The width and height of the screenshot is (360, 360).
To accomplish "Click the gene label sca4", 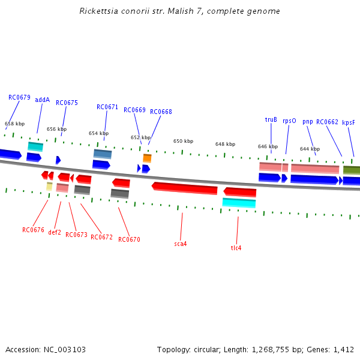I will click(181, 244).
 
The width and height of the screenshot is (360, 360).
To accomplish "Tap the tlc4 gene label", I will click(236, 248).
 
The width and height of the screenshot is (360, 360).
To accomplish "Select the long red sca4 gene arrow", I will click(185, 188).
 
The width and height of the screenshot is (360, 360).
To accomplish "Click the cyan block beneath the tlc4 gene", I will click(239, 203).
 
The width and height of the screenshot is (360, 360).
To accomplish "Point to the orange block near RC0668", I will click(147, 158).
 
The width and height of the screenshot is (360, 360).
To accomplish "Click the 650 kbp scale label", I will click(183, 141).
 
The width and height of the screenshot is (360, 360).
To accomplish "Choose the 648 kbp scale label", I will click(225, 144).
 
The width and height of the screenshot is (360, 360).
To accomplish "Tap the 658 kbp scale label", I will click(15, 124).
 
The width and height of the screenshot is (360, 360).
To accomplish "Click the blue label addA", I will click(43, 100).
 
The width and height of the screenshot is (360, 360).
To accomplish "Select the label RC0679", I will click(19, 97).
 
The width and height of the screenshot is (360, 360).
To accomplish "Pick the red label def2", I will click(55, 232).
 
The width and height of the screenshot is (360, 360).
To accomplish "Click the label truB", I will click(271, 119).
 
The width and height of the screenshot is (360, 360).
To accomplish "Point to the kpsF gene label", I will click(349, 122).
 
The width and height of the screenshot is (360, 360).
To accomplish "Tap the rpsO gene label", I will click(289, 121).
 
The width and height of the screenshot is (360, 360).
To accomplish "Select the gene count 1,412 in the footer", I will click(341, 349).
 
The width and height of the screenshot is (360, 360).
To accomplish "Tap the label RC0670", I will click(129, 239).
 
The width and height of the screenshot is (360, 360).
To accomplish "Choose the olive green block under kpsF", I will click(352, 170).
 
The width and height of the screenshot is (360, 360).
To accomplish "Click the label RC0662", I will click(328, 122).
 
